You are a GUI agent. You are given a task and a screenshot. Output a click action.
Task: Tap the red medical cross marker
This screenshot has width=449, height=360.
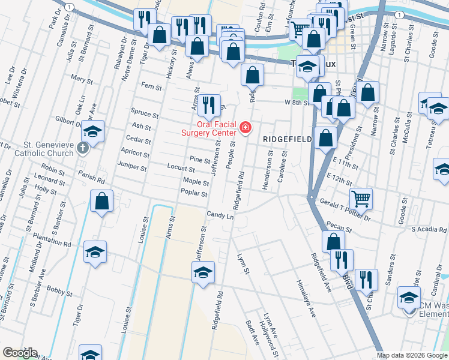coord(245,128)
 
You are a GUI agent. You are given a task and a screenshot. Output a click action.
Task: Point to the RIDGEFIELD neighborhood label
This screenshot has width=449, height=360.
coord(288,139)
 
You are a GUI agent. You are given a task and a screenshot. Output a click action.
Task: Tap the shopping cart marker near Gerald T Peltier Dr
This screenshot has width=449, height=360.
coord(361,197)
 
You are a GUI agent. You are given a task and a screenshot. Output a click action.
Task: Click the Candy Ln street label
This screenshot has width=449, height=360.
coord(220,214)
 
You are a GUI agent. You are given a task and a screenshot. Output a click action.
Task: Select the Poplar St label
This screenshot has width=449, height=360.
coord(193,194)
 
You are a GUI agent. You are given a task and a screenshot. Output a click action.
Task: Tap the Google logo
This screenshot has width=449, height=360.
coord(20,352)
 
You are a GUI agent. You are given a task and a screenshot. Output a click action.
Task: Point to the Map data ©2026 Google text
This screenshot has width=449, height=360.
coord(412,356)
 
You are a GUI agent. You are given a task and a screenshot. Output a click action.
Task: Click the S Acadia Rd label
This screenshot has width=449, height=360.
coord(429,229)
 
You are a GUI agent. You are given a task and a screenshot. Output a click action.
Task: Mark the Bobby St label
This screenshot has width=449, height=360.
coord(59,292)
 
